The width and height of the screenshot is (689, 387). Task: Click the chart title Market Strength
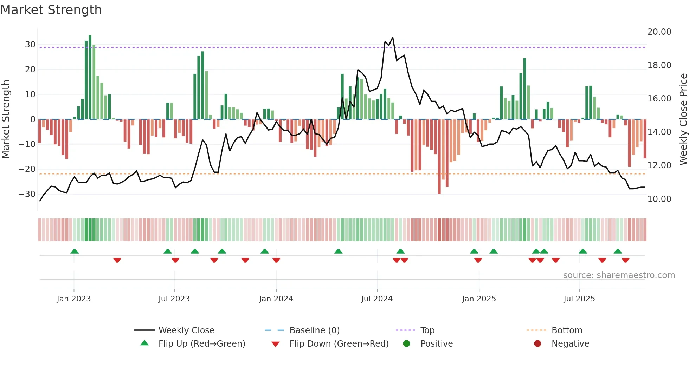[x=51, y=10]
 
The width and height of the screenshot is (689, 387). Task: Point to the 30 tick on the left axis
[x=30, y=45]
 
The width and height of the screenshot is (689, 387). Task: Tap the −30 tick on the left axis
[x=27, y=194]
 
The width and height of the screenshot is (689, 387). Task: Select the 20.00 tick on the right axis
[x=659, y=32]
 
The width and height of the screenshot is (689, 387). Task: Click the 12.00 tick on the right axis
[x=659, y=165]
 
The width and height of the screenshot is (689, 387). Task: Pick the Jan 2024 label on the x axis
[x=276, y=299]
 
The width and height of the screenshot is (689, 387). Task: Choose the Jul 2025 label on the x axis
[x=579, y=299]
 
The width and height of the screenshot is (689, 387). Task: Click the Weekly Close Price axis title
[x=683, y=119]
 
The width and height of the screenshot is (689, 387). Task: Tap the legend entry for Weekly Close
[x=186, y=330]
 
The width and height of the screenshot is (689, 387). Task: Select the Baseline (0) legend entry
[x=314, y=330]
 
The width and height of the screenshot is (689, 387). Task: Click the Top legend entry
[x=427, y=330]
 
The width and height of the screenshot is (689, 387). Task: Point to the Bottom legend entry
[x=567, y=330]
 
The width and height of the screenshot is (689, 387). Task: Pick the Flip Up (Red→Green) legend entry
[x=201, y=344]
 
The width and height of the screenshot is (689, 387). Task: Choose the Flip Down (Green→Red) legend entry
[x=339, y=344]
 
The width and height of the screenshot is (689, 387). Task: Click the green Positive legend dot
[x=406, y=343]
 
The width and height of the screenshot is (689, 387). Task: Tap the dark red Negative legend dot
[x=537, y=343]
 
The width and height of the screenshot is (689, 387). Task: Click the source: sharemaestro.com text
[x=619, y=275]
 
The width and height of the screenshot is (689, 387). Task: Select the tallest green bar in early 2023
[x=90, y=77]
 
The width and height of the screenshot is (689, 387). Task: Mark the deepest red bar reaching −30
[x=439, y=156]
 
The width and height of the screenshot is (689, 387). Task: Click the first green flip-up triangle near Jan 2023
[x=74, y=251]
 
